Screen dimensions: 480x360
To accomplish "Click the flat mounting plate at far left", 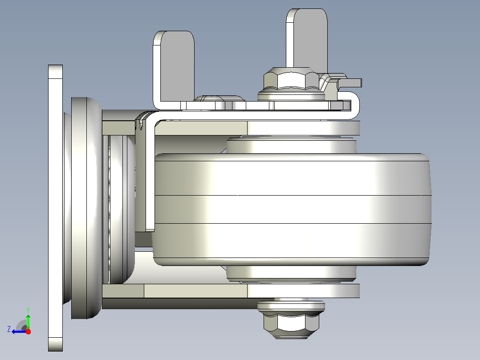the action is click(x=55, y=208).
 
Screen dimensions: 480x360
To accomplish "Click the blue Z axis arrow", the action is click(x=19, y=331).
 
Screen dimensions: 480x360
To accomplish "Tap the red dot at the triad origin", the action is click(x=28, y=331).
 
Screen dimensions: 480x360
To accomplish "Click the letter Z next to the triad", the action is click(x=9, y=329).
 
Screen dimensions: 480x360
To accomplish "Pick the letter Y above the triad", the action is click(x=28, y=310).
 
